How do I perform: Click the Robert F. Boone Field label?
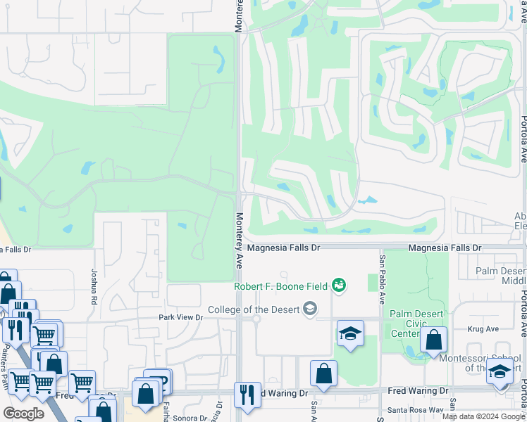[x=281, y=286]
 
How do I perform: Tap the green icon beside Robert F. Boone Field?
[x=340, y=285]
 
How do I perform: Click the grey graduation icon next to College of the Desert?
[x=309, y=309]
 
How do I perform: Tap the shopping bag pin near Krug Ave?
[x=433, y=340]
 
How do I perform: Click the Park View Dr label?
[x=180, y=318]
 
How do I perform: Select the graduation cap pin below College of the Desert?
[x=350, y=335]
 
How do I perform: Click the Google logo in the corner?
[x=23, y=414]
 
